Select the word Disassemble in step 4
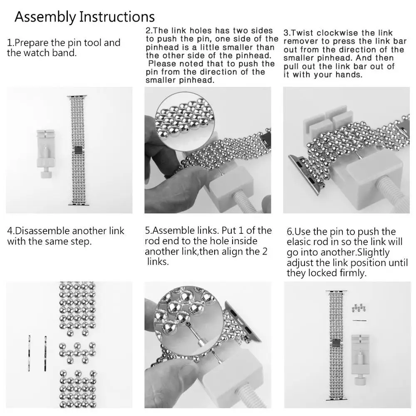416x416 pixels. (43, 231)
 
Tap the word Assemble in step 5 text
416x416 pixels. (173, 231)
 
